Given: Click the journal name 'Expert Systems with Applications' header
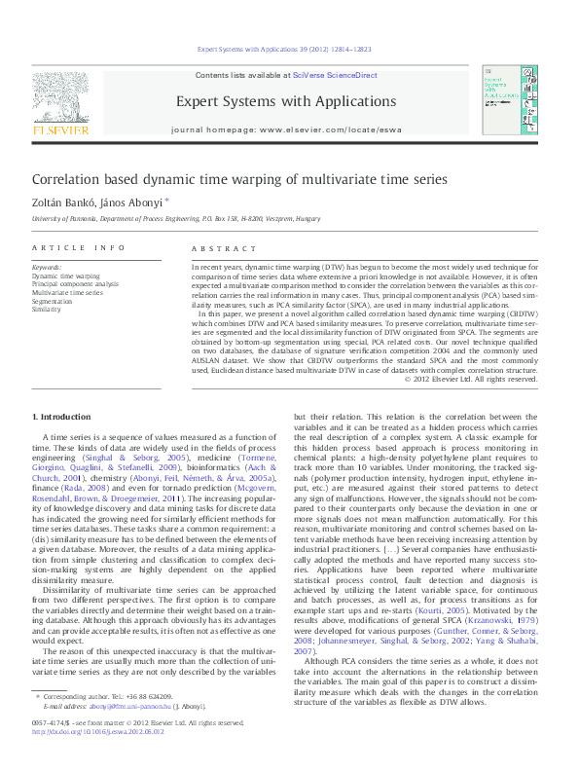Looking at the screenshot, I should click(x=286, y=101).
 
